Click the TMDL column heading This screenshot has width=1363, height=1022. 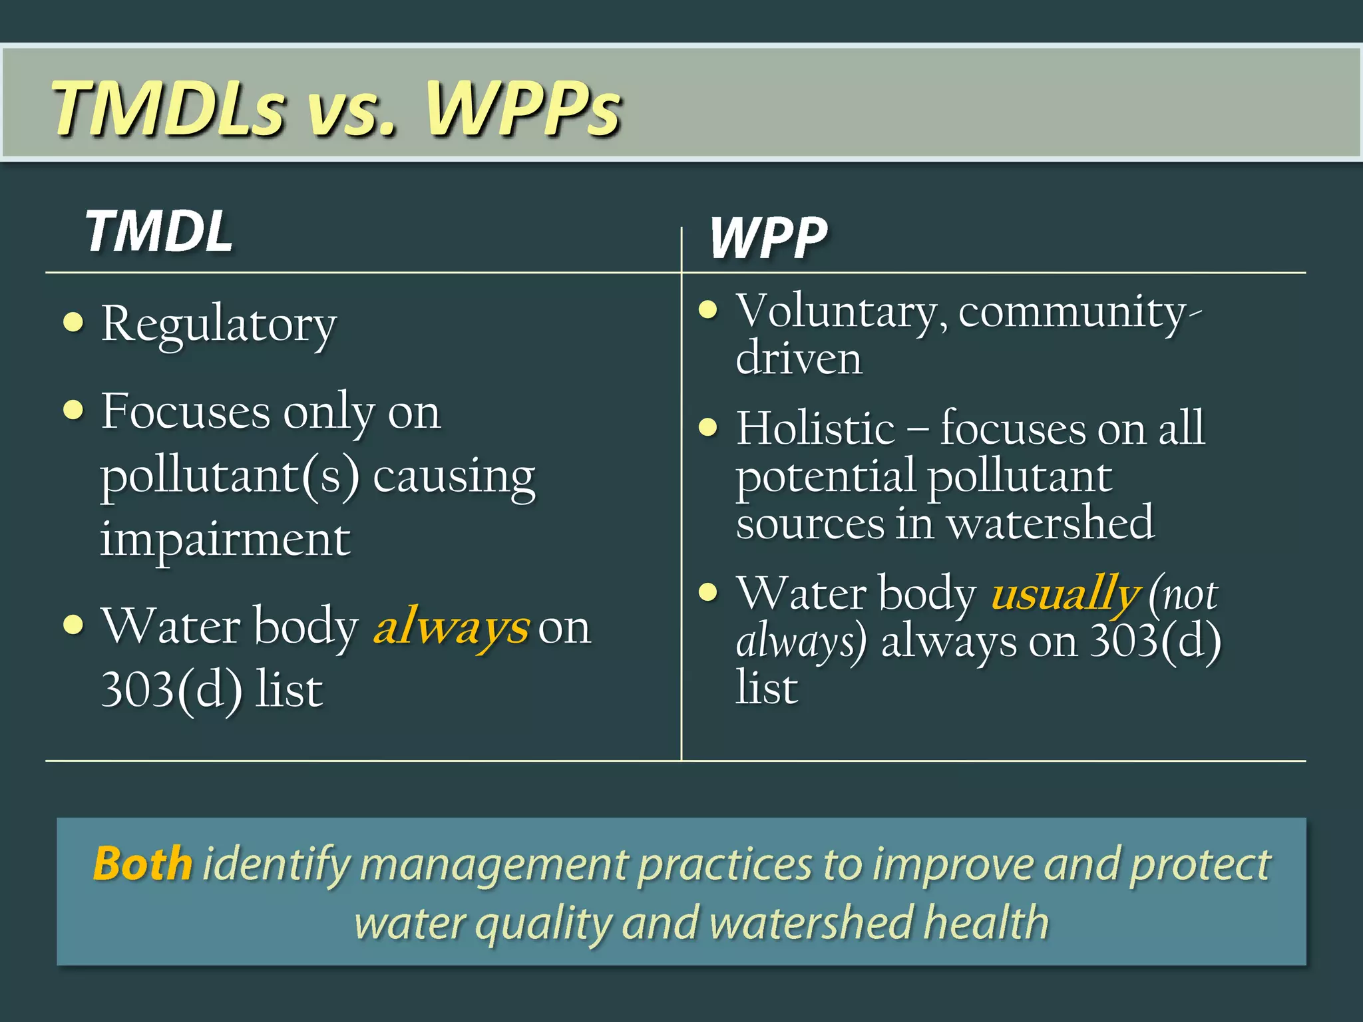click(x=159, y=232)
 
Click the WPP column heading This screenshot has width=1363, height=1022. click(x=768, y=238)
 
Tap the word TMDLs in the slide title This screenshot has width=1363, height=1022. click(x=169, y=108)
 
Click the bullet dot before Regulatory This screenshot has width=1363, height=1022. click(x=73, y=323)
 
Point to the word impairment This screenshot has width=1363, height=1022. click(x=225, y=540)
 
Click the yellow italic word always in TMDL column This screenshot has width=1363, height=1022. click(x=451, y=627)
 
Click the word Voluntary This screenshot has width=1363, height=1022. click(x=841, y=312)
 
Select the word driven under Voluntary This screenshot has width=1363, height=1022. click(x=799, y=359)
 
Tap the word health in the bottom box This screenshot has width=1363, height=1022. click(x=986, y=923)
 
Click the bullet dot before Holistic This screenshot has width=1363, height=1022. click(x=708, y=426)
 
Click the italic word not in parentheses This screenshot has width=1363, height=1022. click(x=1191, y=595)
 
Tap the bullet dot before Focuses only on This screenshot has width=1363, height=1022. click(x=73, y=410)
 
